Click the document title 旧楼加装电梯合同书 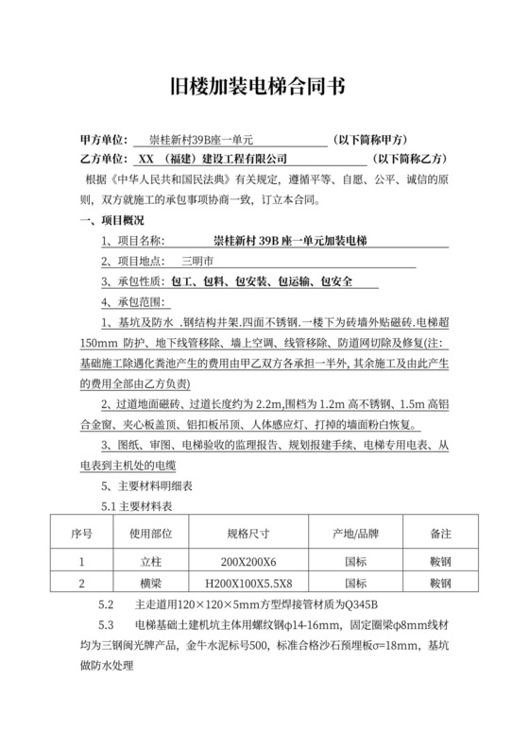tap(264, 88)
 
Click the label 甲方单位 tap(103, 139)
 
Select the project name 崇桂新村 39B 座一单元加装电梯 tap(290, 241)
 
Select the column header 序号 tap(81, 534)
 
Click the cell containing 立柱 tap(147, 563)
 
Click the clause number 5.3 tap(107, 625)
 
